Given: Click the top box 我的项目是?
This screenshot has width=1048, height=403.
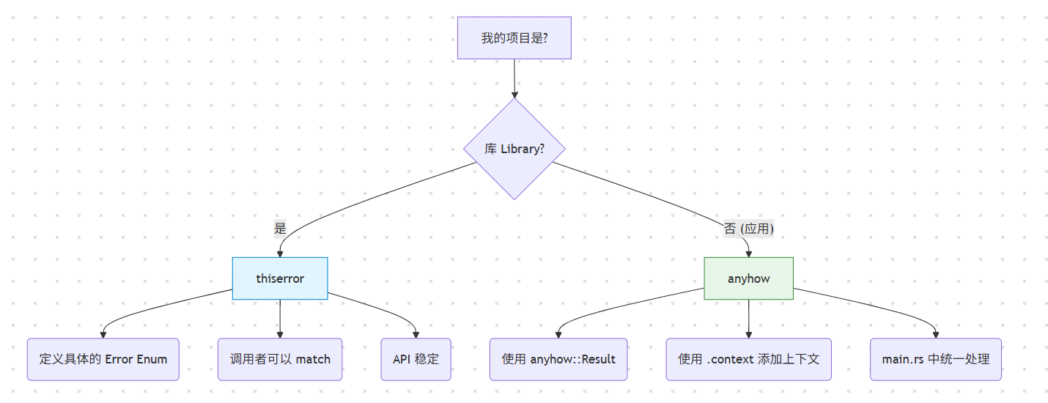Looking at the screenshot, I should click(514, 38).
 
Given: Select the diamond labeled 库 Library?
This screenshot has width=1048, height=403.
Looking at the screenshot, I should click(514, 149).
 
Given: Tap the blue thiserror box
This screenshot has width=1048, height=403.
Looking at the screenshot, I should click(280, 278).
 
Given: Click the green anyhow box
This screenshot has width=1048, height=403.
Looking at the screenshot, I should click(748, 278).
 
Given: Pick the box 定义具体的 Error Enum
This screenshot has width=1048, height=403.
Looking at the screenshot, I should click(103, 359).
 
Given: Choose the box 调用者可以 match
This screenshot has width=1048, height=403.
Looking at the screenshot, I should click(280, 359).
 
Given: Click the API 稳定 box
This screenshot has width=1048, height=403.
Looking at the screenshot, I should click(416, 359).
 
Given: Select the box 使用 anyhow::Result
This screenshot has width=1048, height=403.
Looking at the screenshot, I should click(558, 359).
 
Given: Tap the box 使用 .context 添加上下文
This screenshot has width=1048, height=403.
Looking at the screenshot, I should click(748, 359).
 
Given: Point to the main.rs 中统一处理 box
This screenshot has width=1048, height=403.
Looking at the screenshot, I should click(935, 359).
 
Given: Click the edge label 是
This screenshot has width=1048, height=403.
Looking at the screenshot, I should click(280, 228).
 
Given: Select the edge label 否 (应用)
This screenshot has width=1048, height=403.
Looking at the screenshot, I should click(748, 228).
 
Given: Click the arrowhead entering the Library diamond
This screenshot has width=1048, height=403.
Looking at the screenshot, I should click(514, 94).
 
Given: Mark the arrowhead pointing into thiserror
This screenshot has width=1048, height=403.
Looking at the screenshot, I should click(280, 253).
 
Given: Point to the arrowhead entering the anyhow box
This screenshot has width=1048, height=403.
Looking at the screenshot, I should click(748, 253).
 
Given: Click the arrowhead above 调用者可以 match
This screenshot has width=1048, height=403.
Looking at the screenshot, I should click(280, 333).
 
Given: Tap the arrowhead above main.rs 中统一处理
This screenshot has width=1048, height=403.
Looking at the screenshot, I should click(935, 333).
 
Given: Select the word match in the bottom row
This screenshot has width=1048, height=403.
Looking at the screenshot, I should click(313, 359).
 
